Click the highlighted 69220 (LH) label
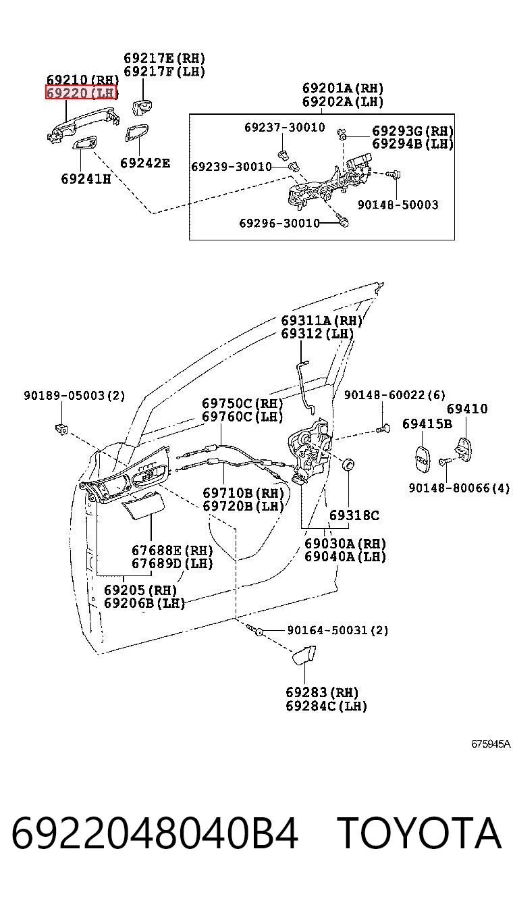click(81, 93)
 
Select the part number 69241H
click(86, 178)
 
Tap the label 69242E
click(145, 163)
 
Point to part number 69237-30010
click(285, 128)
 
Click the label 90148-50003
click(398, 205)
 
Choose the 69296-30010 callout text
click(279, 223)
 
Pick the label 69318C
click(354, 515)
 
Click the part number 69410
click(467, 409)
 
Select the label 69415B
click(427, 423)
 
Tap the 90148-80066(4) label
click(459, 488)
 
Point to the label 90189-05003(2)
click(74, 395)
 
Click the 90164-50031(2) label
click(337, 630)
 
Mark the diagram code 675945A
click(491, 744)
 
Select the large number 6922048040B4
click(155, 833)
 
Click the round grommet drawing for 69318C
click(348, 464)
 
